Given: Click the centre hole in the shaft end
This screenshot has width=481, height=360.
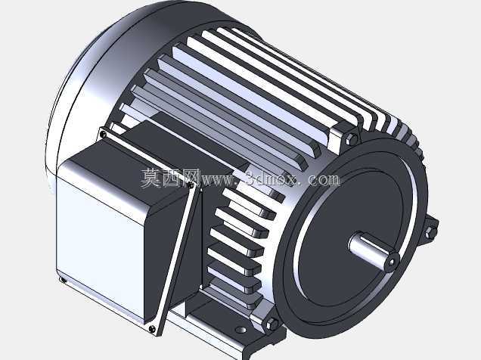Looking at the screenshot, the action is (x=392, y=262).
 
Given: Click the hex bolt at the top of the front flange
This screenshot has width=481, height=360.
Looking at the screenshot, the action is (x=352, y=139).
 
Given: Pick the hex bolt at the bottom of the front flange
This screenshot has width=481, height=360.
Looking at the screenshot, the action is (x=272, y=324).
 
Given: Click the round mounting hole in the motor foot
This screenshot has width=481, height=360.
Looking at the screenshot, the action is (x=241, y=330).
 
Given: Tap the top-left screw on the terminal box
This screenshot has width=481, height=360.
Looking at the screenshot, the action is (x=104, y=134).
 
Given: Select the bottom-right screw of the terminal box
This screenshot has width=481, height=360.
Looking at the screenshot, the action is (x=151, y=329).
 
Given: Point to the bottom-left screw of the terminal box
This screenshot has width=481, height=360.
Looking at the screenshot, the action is (x=62, y=280).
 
